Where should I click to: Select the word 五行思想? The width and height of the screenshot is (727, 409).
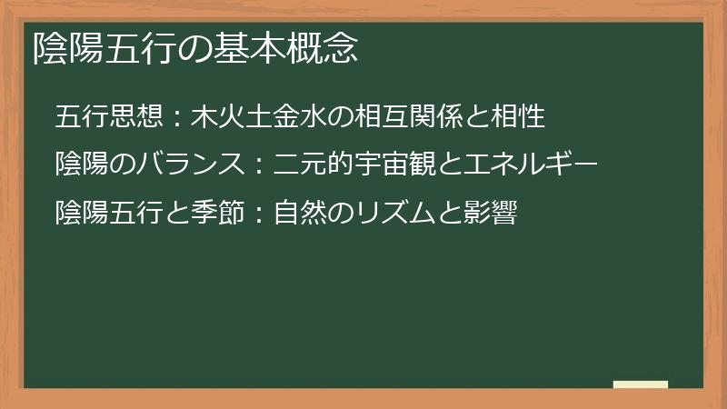tap(110, 116)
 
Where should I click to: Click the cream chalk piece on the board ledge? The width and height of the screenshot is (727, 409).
tap(641, 384)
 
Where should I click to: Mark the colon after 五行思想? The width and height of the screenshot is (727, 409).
tap(177, 117)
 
